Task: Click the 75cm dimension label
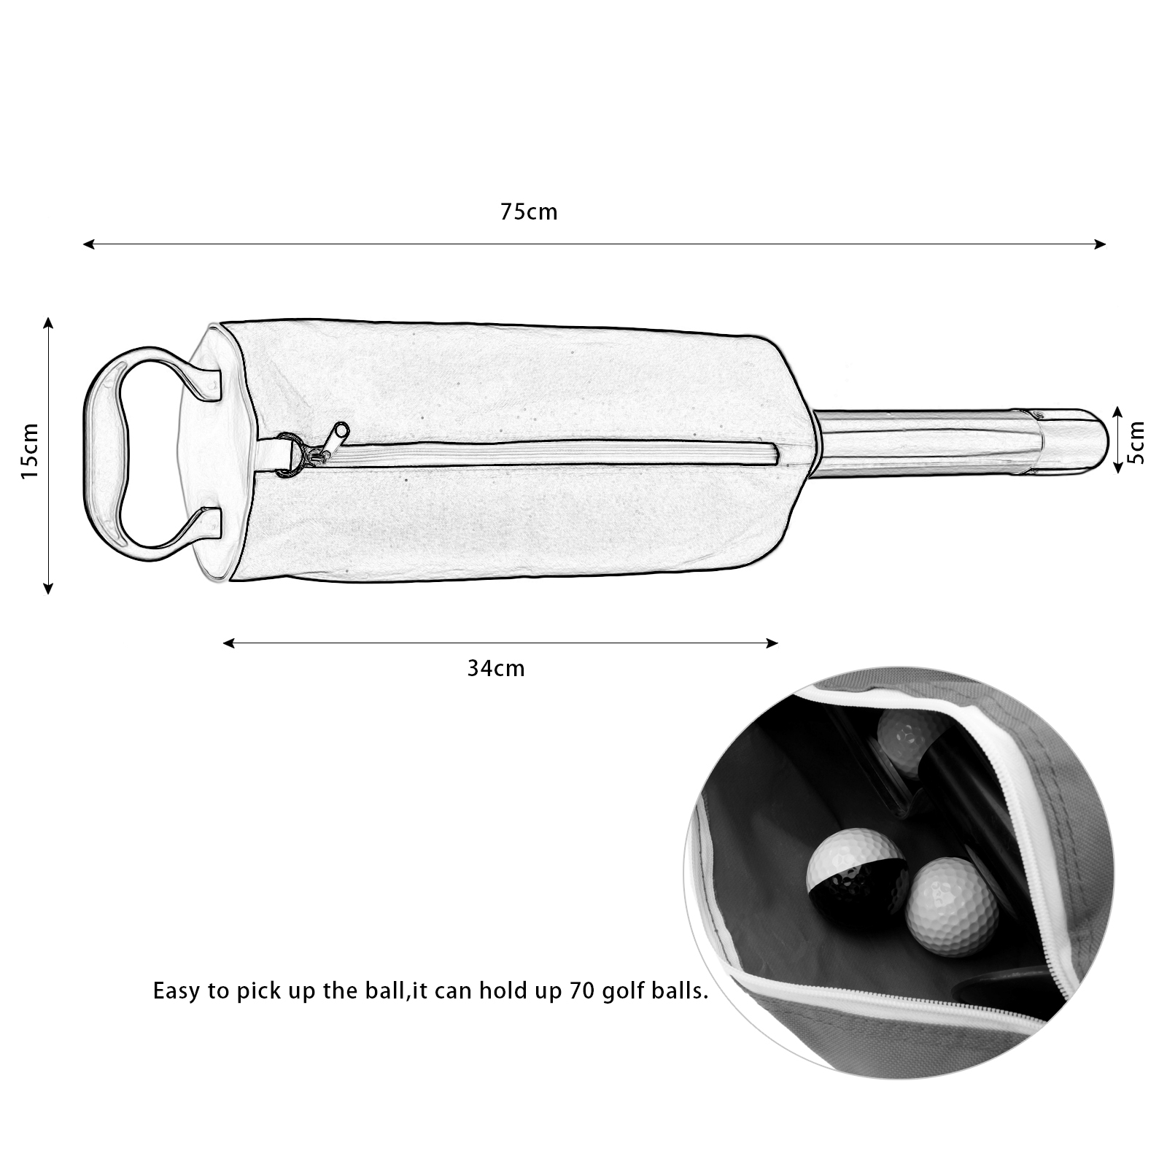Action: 529,212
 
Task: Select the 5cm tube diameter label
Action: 1136,442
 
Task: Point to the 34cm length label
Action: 496,668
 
